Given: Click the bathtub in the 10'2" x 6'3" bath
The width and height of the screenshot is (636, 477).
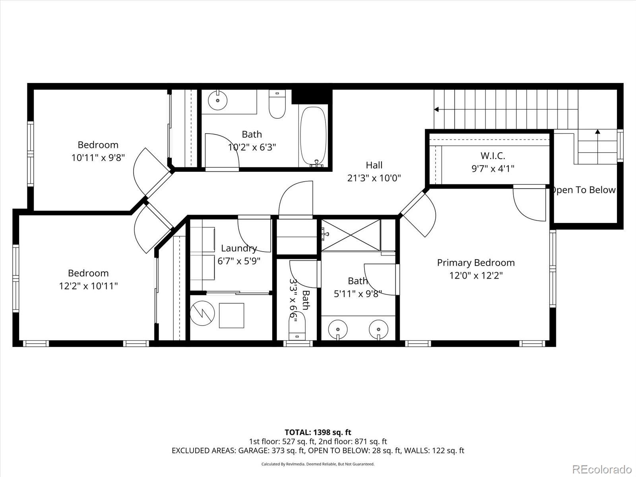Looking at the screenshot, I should point(313,136).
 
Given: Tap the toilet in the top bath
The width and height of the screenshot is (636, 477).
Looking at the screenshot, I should point(277,105).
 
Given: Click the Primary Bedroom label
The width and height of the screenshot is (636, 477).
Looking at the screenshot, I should point(476,263).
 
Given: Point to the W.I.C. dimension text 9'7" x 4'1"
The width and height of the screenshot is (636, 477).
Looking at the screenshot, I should point(493,169).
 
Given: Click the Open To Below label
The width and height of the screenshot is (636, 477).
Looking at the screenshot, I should point(584,190).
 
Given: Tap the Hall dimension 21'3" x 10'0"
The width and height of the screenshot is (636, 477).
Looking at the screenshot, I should point(374,178).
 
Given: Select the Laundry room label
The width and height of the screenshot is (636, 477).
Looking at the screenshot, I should point(239,248).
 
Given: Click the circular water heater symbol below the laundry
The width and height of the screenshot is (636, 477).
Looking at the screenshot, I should point(202,314).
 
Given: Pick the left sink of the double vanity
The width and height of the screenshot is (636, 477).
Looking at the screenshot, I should point(338,330).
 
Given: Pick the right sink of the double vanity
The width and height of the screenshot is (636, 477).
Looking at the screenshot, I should point(378,330).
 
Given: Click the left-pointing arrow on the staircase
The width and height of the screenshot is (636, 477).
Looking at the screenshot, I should point(436,109).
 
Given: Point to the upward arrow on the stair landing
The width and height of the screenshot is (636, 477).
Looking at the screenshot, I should point(597,132).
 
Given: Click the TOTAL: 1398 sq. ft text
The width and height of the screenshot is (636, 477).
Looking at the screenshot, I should point(318,432).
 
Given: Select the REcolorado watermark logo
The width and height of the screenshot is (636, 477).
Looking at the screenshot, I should point(602,469).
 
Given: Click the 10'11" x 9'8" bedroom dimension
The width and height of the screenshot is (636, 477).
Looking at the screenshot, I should point(98,157).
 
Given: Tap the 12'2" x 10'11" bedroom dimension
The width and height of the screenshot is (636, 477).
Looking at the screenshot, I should point(88,286).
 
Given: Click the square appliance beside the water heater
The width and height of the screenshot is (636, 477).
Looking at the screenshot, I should point(231,315).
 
